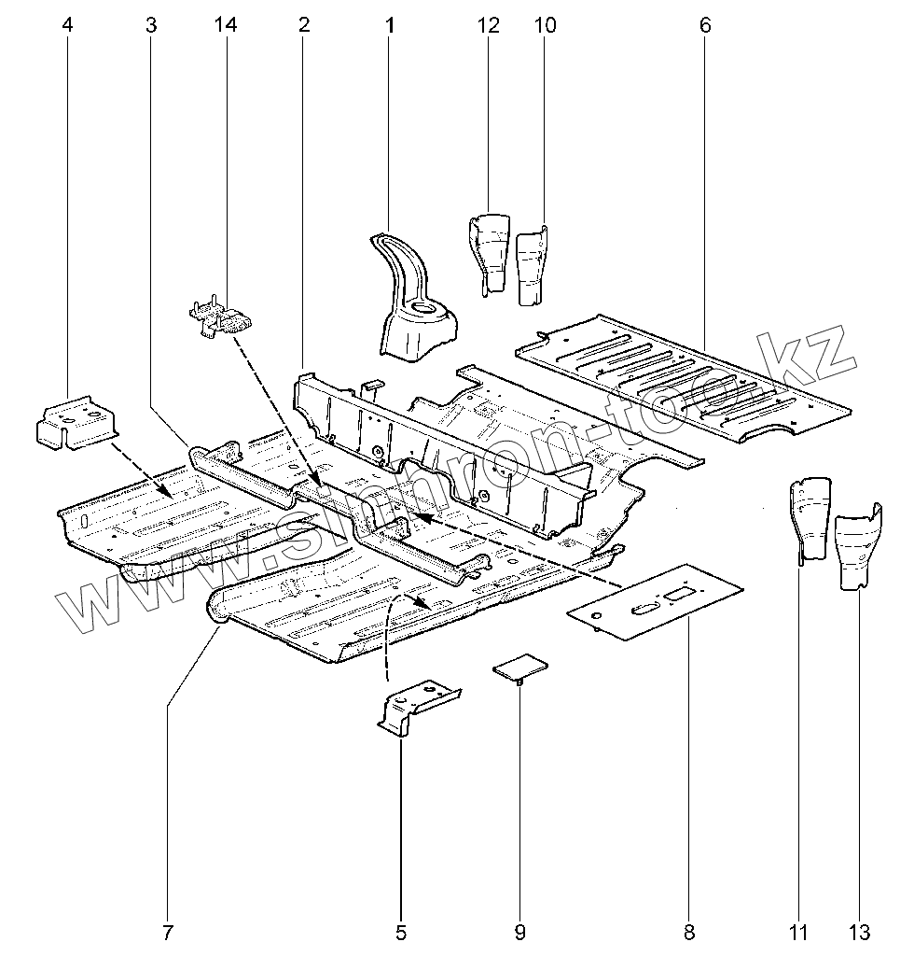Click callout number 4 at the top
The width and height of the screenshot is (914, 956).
pos(66,25)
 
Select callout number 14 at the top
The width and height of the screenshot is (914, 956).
pos(225,25)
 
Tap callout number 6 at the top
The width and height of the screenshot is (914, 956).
pos(705,25)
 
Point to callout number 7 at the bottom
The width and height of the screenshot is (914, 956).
pos(167,931)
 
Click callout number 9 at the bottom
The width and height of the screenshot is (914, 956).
pos(520,931)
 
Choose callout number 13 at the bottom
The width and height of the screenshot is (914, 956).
pos(860,931)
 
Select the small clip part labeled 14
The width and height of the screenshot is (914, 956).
pos(222,318)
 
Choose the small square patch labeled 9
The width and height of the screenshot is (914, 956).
pos(520,667)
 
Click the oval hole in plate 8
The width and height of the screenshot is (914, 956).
pos(644,610)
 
